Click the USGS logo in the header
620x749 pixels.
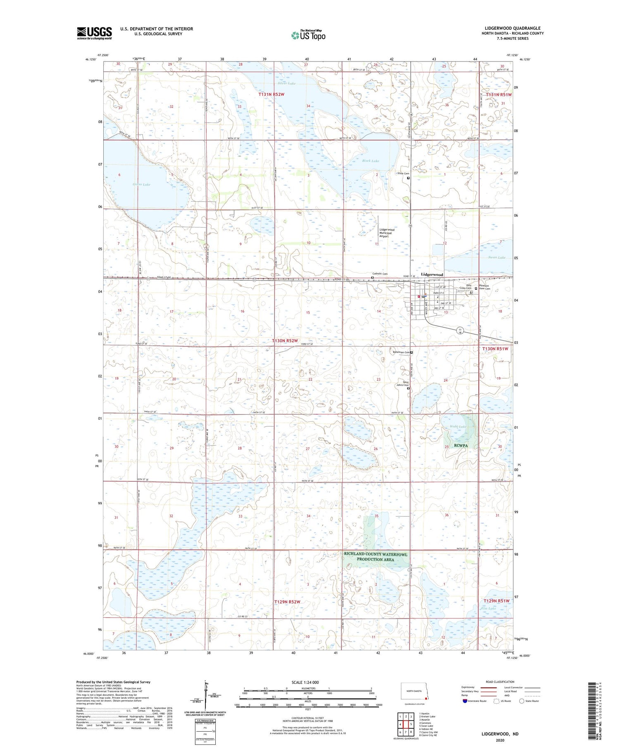94,33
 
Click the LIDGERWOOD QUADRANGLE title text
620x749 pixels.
513,28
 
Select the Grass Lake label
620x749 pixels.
141,184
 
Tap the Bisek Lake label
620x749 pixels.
370,161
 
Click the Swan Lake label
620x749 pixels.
496,257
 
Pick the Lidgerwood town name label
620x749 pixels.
432,274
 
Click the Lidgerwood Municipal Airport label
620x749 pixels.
387,233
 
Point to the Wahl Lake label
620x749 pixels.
458,426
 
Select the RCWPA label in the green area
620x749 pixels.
462,446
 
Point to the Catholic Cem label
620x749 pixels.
380,274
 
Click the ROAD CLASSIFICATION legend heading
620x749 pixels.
500,682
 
